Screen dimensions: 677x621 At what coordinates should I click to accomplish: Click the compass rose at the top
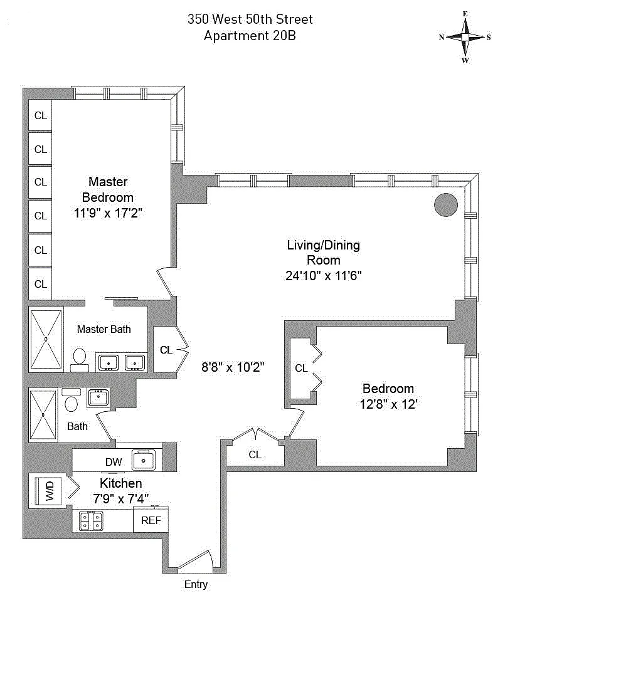click(x=465, y=37)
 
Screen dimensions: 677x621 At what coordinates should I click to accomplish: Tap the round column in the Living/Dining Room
click(x=446, y=204)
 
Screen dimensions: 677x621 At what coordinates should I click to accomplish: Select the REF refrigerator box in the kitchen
click(x=151, y=520)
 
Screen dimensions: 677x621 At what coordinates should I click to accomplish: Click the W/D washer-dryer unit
click(x=49, y=491)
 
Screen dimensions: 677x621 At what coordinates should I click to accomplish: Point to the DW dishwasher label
click(x=114, y=462)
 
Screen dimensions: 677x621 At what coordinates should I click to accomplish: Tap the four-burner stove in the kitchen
click(x=92, y=520)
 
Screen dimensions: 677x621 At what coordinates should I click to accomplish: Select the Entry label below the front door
click(x=196, y=585)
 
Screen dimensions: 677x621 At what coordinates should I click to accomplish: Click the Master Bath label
click(x=104, y=329)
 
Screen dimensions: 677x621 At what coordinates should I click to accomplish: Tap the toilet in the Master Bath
click(x=80, y=357)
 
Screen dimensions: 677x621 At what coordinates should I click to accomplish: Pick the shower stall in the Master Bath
click(x=46, y=338)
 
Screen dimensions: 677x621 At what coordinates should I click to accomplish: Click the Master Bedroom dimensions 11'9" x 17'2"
click(x=108, y=213)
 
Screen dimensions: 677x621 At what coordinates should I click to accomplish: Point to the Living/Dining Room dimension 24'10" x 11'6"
click(x=324, y=275)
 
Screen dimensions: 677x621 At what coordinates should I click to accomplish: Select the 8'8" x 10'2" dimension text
click(x=233, y=368)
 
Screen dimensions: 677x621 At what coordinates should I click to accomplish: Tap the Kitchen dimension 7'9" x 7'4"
click(x=121, y=499)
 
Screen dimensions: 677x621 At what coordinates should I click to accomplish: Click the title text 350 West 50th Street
click(x=250, y=19)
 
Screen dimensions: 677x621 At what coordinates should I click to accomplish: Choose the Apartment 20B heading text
click(x=250, y=36)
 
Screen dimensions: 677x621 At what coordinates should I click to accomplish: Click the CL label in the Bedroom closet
click(x=301, y=368)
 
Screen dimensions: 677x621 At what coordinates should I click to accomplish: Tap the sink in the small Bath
click(x=98, y=397)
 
